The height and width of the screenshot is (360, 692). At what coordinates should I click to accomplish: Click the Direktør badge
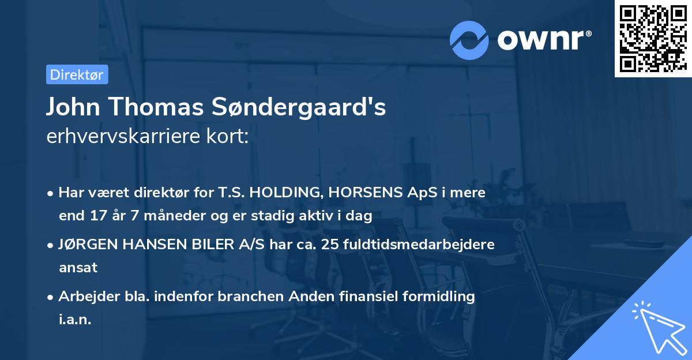coord(77,74)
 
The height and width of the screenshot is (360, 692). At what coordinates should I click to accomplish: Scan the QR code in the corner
coord(653,39)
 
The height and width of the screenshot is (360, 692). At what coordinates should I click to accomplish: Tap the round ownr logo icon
coord(469,40)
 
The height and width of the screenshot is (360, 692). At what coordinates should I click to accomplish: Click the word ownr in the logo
coord(543,40)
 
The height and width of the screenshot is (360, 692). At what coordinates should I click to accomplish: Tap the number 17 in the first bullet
coord(96,216)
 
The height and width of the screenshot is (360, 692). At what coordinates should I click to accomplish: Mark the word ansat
coord(78,268)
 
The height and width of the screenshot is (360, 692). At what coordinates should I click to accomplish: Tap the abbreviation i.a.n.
coord(75,319)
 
